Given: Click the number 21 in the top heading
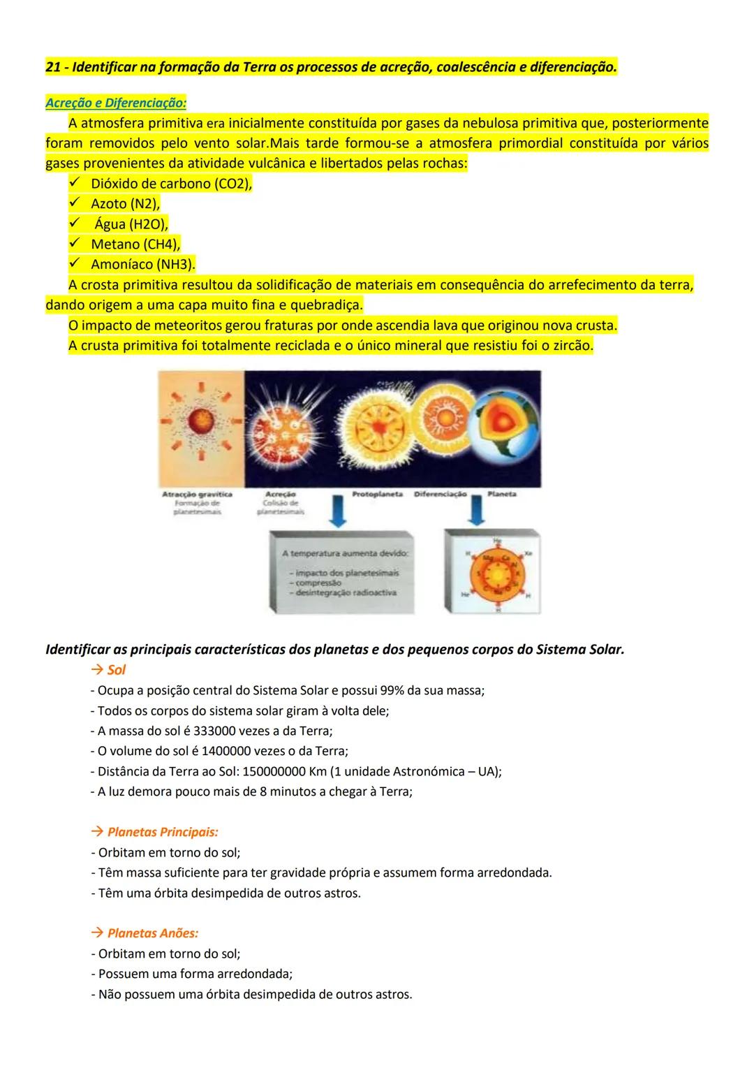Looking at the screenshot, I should [52, 68].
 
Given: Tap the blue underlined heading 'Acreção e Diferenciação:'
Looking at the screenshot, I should [116, 103].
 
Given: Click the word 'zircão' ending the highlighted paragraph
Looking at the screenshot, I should [568, 346].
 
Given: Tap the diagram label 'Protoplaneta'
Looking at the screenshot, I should [378, 494].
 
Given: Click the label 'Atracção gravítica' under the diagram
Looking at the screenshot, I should [197, 495].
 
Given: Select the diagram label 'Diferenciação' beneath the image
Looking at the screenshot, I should [441, 494].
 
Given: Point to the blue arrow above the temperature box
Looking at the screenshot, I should [337, 513].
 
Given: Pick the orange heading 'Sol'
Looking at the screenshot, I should [116, 670].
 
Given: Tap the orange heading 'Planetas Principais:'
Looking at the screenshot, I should [163, 832].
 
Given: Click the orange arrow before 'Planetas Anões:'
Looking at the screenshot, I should [97, 933].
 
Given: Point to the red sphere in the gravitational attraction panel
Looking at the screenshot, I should [199, 422].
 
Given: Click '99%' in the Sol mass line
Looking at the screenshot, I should [394, 690].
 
